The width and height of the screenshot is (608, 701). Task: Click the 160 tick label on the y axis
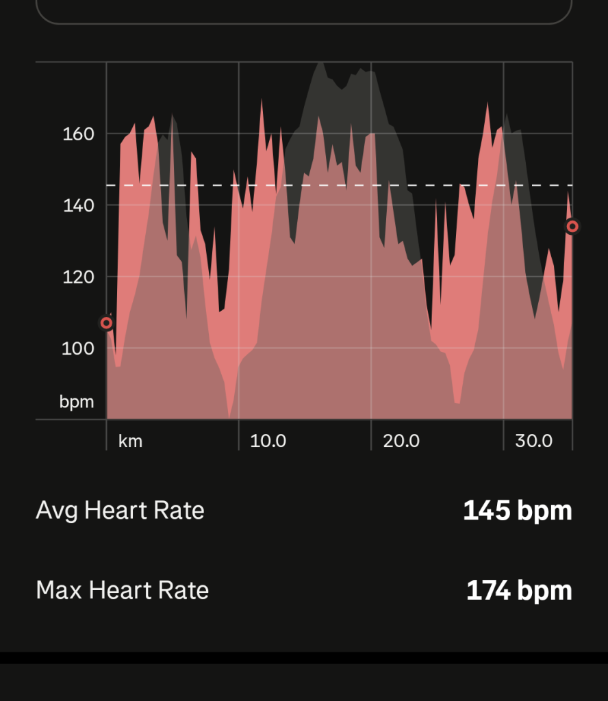tap(78, 133)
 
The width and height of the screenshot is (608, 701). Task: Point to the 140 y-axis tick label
tap(78, 205)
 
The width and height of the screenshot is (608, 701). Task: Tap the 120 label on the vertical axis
tap(78, 277)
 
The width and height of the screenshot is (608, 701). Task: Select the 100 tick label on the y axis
tap(78, 348)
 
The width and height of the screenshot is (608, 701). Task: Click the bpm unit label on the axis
tap(77, 402)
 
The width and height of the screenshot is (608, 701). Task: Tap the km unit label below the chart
tap(130, 441)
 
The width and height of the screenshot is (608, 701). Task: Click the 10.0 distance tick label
tap(268, 441)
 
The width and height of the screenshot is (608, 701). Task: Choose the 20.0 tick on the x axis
tap(401, 441)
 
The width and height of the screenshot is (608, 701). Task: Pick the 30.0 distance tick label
tap(533, 441)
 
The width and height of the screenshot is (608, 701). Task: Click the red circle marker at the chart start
tap(106, 323)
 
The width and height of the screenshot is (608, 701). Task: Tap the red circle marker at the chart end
tap(572, 226)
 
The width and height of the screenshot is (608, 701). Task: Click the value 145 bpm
tap(517, 511)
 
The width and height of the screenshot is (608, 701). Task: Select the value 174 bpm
tap(519, 590)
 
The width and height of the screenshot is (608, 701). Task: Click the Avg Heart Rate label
tap(120, 511)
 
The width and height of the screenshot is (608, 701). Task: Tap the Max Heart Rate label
tap(122, 590)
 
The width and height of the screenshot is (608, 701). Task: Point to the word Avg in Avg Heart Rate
tap(57, 511)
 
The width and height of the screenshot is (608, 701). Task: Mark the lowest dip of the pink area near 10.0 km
tap(230, 415)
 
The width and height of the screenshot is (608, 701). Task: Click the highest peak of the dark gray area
tap(319, 64)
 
